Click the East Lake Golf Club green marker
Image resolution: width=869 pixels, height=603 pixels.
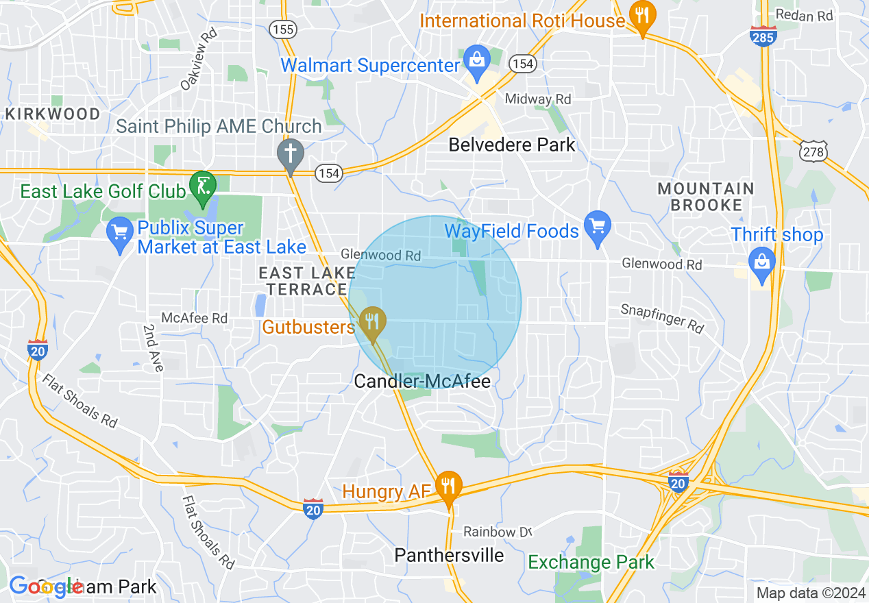click(203, 186)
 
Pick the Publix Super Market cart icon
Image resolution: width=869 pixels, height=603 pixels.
click(121, 232)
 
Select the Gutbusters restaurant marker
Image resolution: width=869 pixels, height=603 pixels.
click(373, 321)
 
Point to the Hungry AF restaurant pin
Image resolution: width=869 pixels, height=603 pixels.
click(448, 487)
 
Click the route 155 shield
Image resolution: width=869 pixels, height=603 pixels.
click(282, 29)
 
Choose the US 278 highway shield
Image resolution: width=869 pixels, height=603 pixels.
click(813, 151)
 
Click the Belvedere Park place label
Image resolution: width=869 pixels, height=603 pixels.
click(512, 145)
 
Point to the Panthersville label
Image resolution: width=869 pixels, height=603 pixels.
click(449, 554)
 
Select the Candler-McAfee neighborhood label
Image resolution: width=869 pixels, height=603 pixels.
click(422, 381)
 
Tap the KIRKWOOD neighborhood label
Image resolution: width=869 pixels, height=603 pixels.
click(53, 114)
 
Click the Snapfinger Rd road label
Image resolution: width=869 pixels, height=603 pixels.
click(662, 318)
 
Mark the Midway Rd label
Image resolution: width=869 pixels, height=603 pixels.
click(538, 99)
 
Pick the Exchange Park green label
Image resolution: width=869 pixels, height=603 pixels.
click(591, 563)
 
